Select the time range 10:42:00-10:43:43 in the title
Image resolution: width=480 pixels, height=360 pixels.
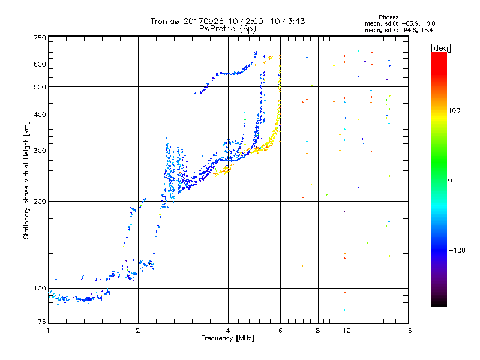click(266, 21)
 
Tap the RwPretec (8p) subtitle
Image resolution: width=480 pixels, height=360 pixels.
click(227, 29)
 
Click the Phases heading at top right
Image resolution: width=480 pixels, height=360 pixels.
click(388, 17)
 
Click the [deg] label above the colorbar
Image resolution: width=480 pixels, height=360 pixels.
click(440, 49)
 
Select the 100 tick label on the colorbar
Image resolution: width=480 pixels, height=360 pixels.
click(454, 110)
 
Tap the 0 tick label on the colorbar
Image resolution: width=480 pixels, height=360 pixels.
click(450, 181)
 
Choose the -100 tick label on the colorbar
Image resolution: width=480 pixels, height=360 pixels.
click(457, 250)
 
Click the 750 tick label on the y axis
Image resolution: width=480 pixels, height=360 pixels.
click(40, 38)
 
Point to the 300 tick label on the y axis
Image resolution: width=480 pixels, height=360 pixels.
click(40, 151)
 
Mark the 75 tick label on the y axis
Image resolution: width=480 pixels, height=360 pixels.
click(42, 322)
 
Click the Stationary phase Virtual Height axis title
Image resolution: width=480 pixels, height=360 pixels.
click(26, 180)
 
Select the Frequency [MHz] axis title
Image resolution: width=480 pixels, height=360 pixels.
click(227, 338)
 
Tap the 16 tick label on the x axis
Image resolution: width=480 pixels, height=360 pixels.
click(408, 331)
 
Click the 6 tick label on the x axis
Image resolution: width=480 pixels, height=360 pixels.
click(280, 331)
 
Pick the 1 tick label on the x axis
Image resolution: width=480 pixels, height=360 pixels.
click(49, 331)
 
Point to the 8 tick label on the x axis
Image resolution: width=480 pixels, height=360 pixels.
click(318, 331)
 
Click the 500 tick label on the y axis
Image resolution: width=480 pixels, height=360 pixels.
click(40, 86)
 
